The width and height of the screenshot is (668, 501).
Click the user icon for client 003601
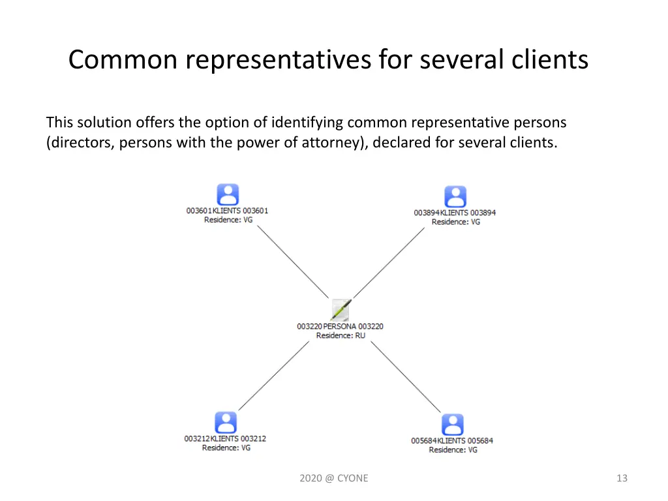228,194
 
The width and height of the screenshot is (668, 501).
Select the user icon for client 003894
455,196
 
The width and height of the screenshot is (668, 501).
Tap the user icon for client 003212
226,422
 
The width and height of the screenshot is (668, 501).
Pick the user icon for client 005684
453,424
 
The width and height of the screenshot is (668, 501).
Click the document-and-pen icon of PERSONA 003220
341,309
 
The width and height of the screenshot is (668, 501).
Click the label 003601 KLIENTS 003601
227,211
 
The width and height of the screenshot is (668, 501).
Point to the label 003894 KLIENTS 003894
455,213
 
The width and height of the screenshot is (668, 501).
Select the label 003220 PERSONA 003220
340,326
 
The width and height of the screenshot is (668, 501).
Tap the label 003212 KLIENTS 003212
225,438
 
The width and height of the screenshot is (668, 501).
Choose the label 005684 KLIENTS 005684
452,440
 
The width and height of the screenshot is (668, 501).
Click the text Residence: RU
341,335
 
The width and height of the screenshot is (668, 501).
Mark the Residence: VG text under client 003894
455,222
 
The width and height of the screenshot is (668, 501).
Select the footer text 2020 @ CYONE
334,478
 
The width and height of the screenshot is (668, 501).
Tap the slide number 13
622,478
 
